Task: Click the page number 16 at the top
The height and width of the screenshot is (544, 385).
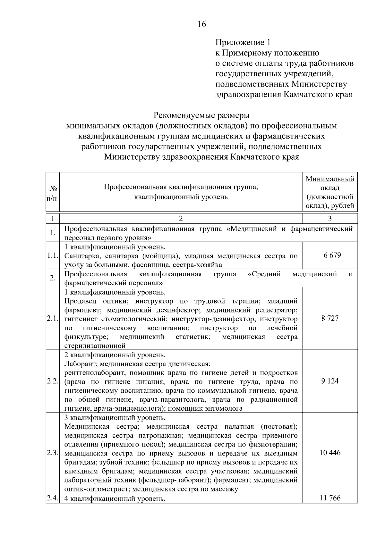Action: [202, 24]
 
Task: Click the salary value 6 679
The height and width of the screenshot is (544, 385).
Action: [330, 255]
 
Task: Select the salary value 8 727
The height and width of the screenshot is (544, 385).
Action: [330, 318]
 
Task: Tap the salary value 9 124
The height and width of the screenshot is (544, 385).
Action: [330, 381]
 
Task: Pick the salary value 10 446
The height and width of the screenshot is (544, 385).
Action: [330, 453]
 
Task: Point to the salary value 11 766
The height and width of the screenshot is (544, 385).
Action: [330, 498]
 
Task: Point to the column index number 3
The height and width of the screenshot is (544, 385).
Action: [330, 219]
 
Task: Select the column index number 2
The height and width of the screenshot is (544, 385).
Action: [181, 219]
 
